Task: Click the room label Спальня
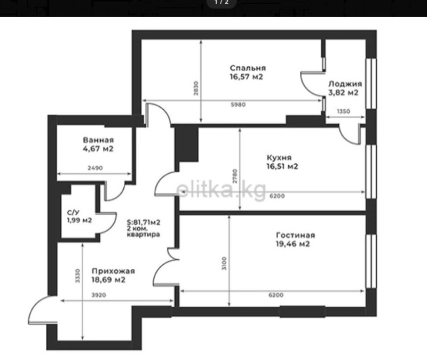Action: (x=248, y=68)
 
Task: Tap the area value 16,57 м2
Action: (x=247, y=77)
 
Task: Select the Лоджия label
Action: (x=345, y=84)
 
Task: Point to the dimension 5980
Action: (x=238, y=105)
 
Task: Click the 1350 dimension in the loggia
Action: (x=343, y=111)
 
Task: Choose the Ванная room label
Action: (x=98, y=140)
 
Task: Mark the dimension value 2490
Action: (x=95, y=168)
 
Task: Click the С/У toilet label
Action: (x=73, y=212)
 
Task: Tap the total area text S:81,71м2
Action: (x=144, y=222)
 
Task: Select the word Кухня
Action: (x=279, y=157)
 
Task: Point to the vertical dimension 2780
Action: (x=235, y=176)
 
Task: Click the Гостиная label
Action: (x=296, y=235)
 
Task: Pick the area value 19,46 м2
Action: (x=292, y=244)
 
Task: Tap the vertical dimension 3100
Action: (x=224, y=263)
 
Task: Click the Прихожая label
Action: (x=113, y=271)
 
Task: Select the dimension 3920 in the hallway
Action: (x=99, y=295)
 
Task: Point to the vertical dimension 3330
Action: (x=77, y=276)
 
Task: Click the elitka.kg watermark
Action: (x=221, y=190)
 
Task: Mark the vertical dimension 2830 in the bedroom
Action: (x=196, y=88)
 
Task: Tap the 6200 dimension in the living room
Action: (x=276, y=295)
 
